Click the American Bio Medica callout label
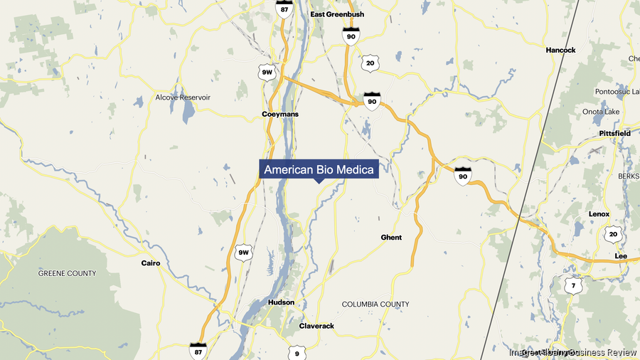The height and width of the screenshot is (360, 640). point(319,170)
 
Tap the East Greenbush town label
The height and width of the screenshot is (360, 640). point(338,14)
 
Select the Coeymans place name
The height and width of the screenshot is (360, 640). point(280,114)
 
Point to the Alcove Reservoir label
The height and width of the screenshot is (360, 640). point(183,97)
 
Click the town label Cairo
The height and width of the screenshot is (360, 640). point(151,263)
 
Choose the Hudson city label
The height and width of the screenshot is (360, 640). point(281,302)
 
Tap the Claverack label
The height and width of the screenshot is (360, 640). point(316,326)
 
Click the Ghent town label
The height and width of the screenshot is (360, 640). point(391,238)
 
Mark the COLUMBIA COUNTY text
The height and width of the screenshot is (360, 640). point(375,305)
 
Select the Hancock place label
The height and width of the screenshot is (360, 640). point(560,51)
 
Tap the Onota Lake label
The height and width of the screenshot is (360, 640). point(601,112)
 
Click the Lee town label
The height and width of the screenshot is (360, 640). point(621,255)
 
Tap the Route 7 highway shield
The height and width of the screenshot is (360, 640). point(573,286)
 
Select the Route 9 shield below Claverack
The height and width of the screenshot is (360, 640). point(297,351)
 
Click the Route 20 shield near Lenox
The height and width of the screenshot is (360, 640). point(613,234)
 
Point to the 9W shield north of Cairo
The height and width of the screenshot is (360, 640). point(244,253)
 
